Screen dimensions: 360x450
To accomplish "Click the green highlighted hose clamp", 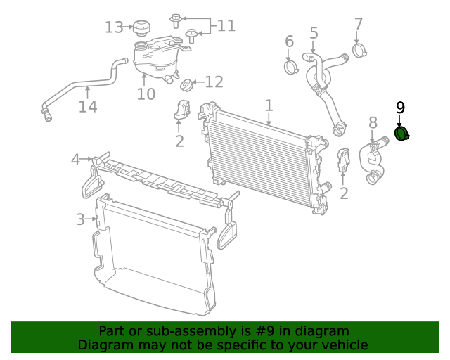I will (402, 134).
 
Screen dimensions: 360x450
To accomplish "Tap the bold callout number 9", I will (400, 108).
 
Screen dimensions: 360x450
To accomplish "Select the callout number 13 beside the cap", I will (114, 27).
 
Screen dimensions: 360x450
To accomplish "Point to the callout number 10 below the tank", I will (146, 94).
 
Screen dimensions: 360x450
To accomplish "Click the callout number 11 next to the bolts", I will (226, 26).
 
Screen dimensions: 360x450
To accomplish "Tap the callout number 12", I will (214, 82).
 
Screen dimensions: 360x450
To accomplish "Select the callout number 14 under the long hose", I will (87, 107).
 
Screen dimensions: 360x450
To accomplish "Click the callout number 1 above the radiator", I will (269, 105).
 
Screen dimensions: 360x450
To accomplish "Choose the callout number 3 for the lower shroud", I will (81, 220).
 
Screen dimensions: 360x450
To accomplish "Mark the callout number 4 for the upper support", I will (76, 160).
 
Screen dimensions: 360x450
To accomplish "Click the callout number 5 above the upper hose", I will (314, 32).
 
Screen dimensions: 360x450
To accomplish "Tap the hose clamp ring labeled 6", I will (291, 67).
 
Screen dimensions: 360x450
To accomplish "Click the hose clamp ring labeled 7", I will (361, 50).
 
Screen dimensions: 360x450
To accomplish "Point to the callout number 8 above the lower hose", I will (373, 124).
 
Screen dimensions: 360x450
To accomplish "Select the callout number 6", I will (289, 42).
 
